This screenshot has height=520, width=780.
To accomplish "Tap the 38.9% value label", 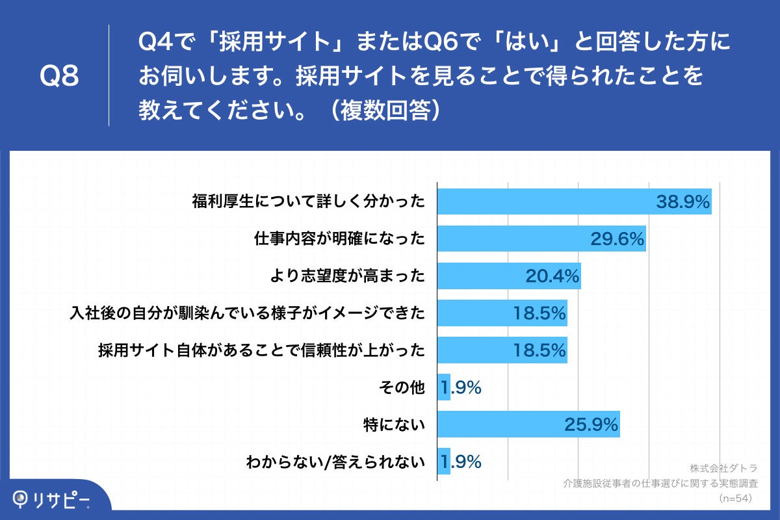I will [x=682, y=201].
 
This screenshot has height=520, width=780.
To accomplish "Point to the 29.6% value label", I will [x=617, y=239].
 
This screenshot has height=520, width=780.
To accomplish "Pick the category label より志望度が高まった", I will [x=347, y=276].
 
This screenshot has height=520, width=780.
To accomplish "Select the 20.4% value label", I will [x=552, y=276].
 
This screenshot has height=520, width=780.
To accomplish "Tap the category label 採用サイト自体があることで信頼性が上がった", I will [x=261, y=351].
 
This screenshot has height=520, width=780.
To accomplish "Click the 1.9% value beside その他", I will [x=461, y=388].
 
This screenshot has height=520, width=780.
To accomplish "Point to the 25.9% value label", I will [x=591, y=425].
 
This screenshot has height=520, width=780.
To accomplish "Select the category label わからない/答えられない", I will [x=335, y=462].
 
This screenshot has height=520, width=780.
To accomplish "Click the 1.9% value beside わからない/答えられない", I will [x=461, y=462].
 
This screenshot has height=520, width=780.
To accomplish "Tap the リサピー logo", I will [x=52, y=499].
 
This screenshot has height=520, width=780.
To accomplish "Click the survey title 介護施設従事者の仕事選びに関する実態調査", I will [x=660, y=484].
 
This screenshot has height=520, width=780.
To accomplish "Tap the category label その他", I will [x=401, y=388].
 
